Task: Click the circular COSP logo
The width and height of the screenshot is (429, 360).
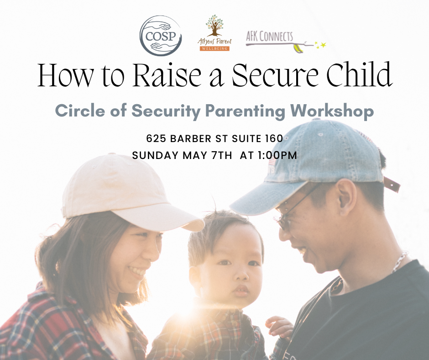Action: [161, 35]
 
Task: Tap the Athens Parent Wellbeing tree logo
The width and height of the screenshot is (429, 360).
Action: [214, 32]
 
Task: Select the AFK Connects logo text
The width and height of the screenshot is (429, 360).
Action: [269, 36]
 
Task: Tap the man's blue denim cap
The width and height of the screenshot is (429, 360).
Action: [319, 160]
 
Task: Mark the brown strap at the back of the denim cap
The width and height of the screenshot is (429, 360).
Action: [392, 184]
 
